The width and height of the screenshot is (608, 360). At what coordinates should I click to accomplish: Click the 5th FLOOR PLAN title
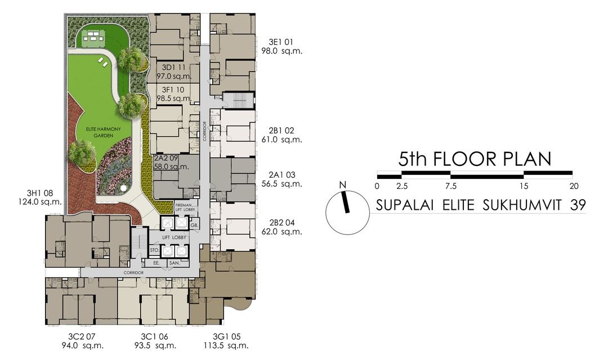click(x=475, y=159)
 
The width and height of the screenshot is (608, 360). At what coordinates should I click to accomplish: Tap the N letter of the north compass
click(x=342, y=185)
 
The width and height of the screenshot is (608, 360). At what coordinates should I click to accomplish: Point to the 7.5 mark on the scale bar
click(x=451, y=186)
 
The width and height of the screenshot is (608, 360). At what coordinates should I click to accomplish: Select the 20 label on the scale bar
click(x=574, y=186)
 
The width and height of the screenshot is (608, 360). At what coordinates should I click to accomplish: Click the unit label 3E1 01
click(x=281, y=42)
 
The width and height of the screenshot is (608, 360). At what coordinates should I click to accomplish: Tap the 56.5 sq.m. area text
click(x=281, y=184)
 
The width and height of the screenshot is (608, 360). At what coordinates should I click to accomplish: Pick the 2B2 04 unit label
click(x=281, y=223)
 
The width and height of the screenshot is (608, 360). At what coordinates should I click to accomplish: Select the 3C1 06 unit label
click(x=154, y=337)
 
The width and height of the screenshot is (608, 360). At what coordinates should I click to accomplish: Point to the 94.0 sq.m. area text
click(x=82, y=346)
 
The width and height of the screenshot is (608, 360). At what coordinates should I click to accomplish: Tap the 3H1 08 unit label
click(x=39, y=193)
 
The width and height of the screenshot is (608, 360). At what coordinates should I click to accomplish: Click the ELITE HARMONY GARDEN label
click(x=104, y=132)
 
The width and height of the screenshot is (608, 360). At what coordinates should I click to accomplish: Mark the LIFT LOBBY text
click(x=174, y=237)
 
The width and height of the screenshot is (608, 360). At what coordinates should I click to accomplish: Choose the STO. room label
click(x=154, y=250)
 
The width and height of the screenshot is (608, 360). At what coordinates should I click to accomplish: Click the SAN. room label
click(x=175, y=263)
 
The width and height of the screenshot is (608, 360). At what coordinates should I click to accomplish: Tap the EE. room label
click(x=157, y=263)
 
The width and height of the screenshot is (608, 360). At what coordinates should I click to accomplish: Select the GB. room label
click(x=195, y=225)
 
